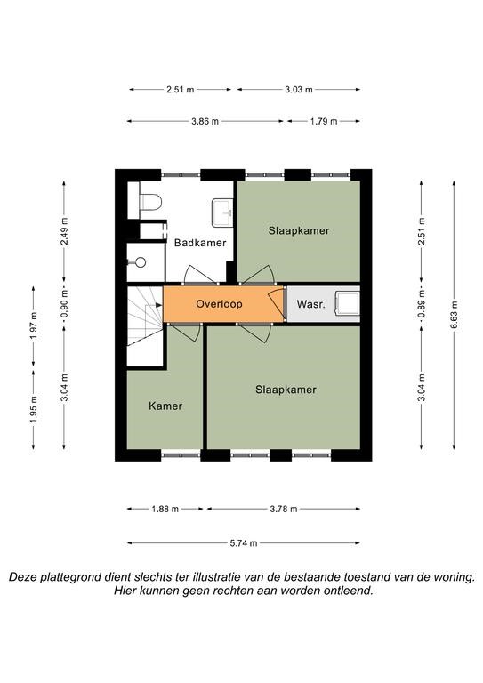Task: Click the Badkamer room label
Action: click(x=200, y=243)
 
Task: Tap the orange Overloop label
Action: click(x=219, y=303)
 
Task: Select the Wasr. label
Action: click(x=310, y=304)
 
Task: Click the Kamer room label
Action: click(x=165, y=406)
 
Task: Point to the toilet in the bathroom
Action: click(x=150, y=201)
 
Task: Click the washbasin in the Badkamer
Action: click(x=222, y=213)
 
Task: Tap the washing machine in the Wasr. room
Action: click(x=347, y=303)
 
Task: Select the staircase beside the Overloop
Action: click(x=145, y=325)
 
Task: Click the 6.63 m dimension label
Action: click(x=454, y=314)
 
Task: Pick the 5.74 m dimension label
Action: click(x=244, y=543)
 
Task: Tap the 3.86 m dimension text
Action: click(x=205, y=122)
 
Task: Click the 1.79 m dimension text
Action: click(x=324, y=122)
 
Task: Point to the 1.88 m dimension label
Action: click(x=165, y=509)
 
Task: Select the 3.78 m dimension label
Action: click(x=284, y=509)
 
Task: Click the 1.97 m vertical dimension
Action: click(x=34, y=325)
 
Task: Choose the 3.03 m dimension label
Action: click(x=299, y=90)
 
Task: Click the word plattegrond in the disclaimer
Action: click(x=70, y=577)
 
